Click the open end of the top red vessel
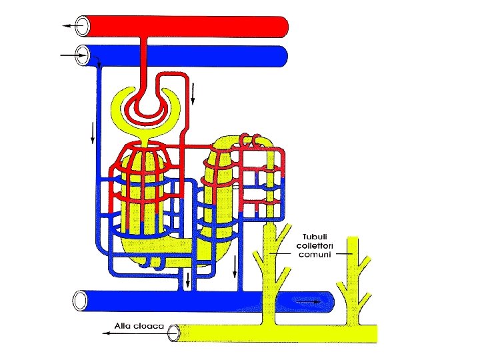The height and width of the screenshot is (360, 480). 83,26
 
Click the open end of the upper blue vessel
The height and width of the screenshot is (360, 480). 83,55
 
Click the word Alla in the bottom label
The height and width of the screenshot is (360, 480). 123,326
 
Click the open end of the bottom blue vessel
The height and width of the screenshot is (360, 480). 81,301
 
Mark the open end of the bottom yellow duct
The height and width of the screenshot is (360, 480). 175,332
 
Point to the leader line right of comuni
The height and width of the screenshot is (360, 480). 345,254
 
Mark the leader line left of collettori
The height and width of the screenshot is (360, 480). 281,253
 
